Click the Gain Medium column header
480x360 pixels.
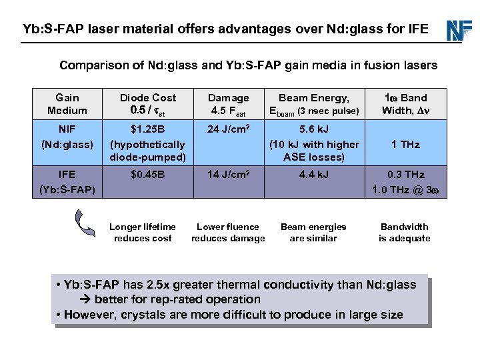(67, 104)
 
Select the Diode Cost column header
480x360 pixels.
(147, 104)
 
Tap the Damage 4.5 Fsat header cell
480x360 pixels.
(229, 104)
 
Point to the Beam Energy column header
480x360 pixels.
(313, 104)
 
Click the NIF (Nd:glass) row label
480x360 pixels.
(67, 137)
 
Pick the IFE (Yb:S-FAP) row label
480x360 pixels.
(67, 182)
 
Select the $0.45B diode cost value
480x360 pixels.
(147, 175)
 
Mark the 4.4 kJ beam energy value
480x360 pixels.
(313, 175)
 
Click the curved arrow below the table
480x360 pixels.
(85, 223)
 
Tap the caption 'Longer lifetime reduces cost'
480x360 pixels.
(143, 233)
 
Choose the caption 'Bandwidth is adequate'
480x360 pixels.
(405, 233)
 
